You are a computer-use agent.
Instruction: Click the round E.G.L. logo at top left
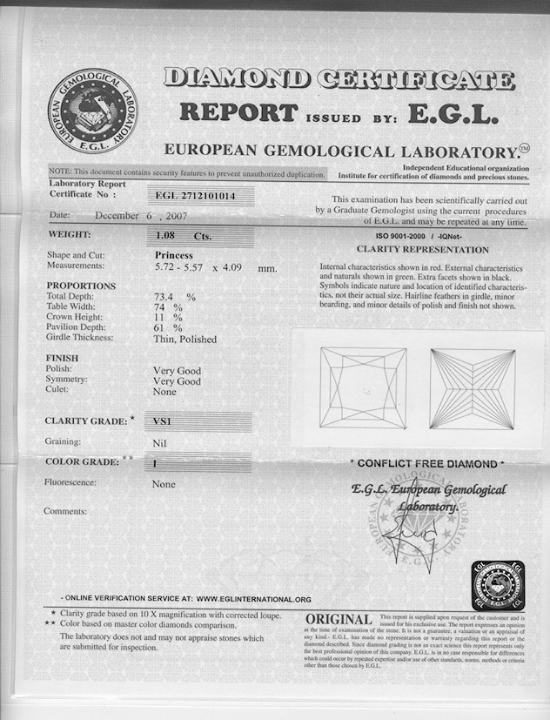tap(91, 111)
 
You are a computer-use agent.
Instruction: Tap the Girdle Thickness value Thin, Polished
tap(184, 339)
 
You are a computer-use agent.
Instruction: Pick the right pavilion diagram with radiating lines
tap(472, 388)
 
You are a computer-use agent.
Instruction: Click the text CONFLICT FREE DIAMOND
tap(426, 464)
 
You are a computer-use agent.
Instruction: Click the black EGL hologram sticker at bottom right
tap(498, 585)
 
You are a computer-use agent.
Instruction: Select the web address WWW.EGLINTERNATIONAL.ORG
tap(253, 599)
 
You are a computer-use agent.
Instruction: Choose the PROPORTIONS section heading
tap(81, 286)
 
